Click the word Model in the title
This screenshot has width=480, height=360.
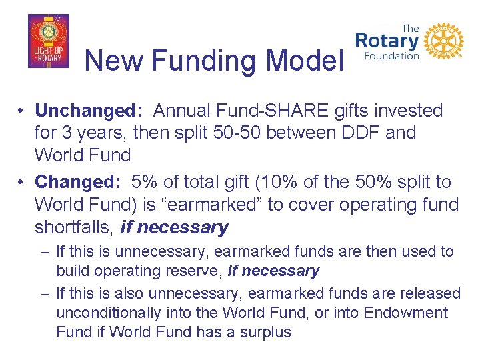[304, 61]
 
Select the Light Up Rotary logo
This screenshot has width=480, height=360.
[49, 41]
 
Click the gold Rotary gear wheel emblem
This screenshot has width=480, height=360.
[443, 41]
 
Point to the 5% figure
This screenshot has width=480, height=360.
[144, 181]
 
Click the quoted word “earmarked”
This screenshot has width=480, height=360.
[220, 204]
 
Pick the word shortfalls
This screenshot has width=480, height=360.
[74, 227]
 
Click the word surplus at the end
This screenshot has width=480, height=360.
[265, 331]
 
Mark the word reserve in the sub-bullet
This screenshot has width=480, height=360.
[198, 271]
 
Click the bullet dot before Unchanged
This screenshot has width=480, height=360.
[22, 110]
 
